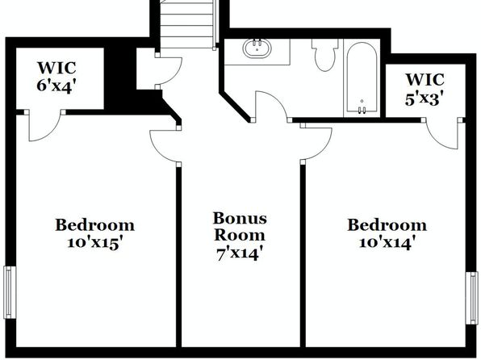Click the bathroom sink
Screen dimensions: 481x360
(257, 48)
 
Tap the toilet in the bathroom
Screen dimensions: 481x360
(325, 55)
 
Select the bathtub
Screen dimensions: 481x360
(362, 77)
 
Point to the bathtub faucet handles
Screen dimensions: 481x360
(362, 110)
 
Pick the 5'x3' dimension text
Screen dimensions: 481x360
(425, 99)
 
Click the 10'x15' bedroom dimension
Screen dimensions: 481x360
(94, 244)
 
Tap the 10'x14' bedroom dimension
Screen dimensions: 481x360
(387, 243)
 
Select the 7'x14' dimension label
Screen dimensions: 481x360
(240, 254)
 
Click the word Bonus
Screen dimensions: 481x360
(240, 218)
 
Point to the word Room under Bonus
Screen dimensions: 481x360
(240, 235)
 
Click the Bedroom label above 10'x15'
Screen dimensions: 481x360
(94, 225)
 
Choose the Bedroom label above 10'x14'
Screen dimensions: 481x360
(387, 225)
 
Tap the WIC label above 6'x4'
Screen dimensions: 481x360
(56, 68)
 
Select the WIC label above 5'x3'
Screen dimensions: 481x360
(425, 79)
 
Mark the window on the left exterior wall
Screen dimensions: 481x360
(10, 292)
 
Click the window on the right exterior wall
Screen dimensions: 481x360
(472, 298)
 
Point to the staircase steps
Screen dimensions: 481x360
(186, 24)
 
